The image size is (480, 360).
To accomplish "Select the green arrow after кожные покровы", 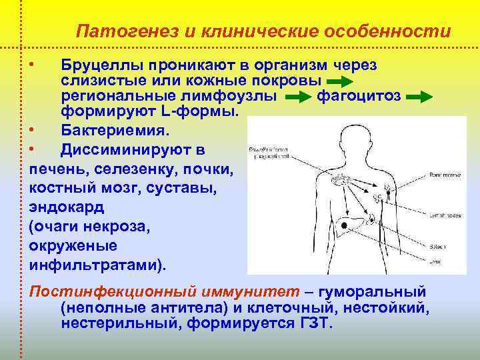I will (343, 81).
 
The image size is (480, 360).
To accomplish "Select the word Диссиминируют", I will (133, 149).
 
